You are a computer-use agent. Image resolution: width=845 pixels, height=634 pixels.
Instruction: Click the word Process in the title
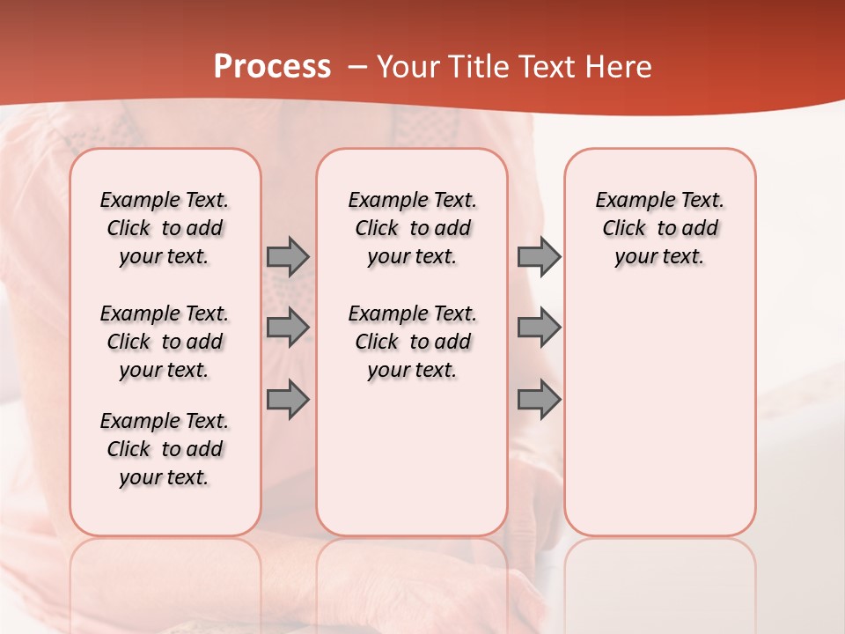[x=272, y=67]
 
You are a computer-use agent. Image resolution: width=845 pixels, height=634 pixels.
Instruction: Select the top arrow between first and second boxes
[x=288, y=256]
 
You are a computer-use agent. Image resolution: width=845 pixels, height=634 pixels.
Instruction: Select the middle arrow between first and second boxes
[x=288, y=328]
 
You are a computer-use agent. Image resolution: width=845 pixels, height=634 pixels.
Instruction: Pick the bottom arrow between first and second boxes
[x=288, y=400]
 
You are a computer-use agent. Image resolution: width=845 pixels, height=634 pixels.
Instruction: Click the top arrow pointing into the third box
[x=539, y=256]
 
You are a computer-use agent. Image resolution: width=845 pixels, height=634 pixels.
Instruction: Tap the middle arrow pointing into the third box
[x=539, y=328]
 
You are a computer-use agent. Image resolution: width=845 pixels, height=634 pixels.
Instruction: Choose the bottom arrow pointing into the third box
[x=539, y=400]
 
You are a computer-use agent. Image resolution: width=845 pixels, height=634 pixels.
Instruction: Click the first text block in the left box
[x=165, y=228]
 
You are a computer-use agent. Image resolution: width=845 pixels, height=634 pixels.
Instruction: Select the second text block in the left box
[x=165, y=342]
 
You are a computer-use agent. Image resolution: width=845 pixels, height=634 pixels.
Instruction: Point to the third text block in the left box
[x=165, y=449]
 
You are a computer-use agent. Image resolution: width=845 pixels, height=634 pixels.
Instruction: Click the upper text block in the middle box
[x=412, y=228]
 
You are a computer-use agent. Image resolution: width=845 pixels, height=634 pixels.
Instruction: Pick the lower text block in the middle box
[x=412, y=342]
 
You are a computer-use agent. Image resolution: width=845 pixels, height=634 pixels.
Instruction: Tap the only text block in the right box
[x=660, y=228]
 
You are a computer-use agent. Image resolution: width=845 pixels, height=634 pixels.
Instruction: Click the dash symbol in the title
[x=357, y=68]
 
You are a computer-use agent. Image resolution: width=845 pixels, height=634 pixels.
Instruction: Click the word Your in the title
[x=408, y=67]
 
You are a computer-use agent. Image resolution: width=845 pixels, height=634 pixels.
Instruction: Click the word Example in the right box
[x=628, y=201]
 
